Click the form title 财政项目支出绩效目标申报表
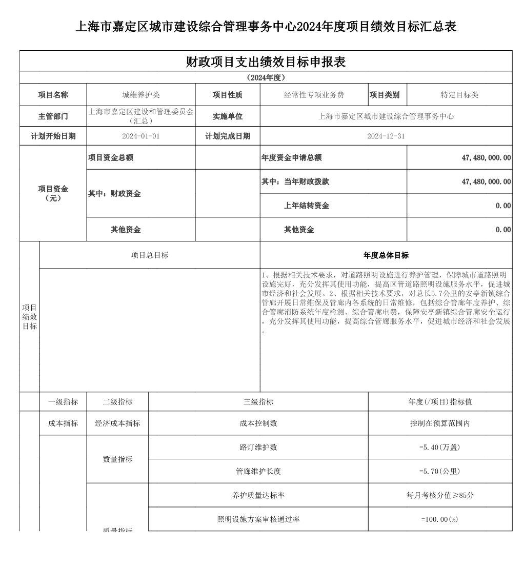(266, 62)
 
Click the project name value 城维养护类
(141, 95)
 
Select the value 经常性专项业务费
(314, 95)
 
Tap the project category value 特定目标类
(459, 95)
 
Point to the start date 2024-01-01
(141, 136)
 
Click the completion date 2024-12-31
(386, 136)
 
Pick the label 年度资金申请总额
(292, 157)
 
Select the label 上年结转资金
(307, 206)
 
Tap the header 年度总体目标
(386, 255)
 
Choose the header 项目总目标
(150, 255)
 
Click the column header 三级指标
(258, 402)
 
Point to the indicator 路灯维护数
(258, 447)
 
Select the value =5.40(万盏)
(440, 447)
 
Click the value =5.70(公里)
(440, 471)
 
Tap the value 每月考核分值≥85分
(440, 495)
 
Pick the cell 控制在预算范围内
(440, 423)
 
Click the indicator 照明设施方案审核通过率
(258, 519)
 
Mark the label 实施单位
(228, 116)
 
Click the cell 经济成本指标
(117, 423)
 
